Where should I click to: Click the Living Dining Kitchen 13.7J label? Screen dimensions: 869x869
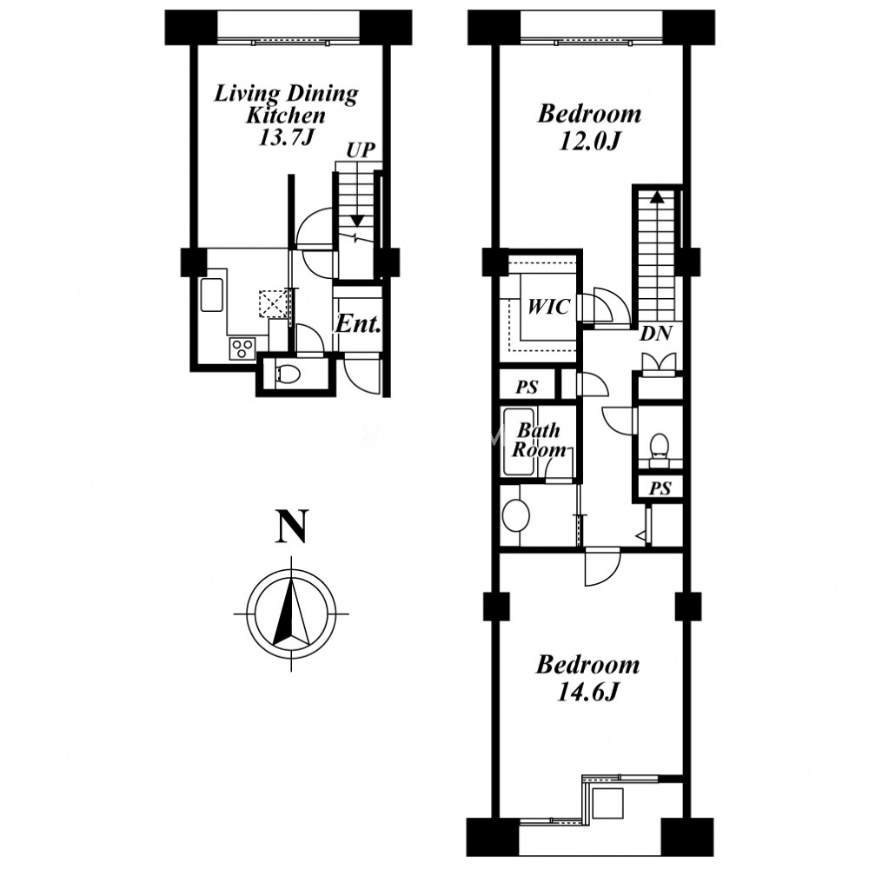(286, 115)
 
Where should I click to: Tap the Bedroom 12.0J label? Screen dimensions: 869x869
(589, 128)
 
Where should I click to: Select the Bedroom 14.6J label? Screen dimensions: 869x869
(587, 679)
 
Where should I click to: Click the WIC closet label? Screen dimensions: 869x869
(548, 307)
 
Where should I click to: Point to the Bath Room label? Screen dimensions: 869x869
(539, 440)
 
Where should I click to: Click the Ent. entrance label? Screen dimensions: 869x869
(359, 324)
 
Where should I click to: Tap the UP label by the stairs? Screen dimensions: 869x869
(361, 149)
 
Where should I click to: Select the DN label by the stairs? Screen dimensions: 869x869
(656, 334)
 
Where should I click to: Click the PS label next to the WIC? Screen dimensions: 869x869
(527, 387)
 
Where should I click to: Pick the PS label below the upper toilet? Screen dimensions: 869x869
(660, 488)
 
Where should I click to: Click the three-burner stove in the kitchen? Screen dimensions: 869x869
(241, 349)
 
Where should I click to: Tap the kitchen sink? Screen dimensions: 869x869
(211, 295)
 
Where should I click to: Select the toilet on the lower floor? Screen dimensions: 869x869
(289, 375)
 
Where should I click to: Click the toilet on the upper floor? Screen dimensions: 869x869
(659, 446)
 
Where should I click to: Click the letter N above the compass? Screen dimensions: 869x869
(291, 527)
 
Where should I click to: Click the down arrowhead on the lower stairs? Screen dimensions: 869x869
(357, 221)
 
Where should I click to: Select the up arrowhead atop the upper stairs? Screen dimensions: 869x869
(657, 196)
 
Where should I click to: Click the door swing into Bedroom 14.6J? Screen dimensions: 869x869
(602, 566)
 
